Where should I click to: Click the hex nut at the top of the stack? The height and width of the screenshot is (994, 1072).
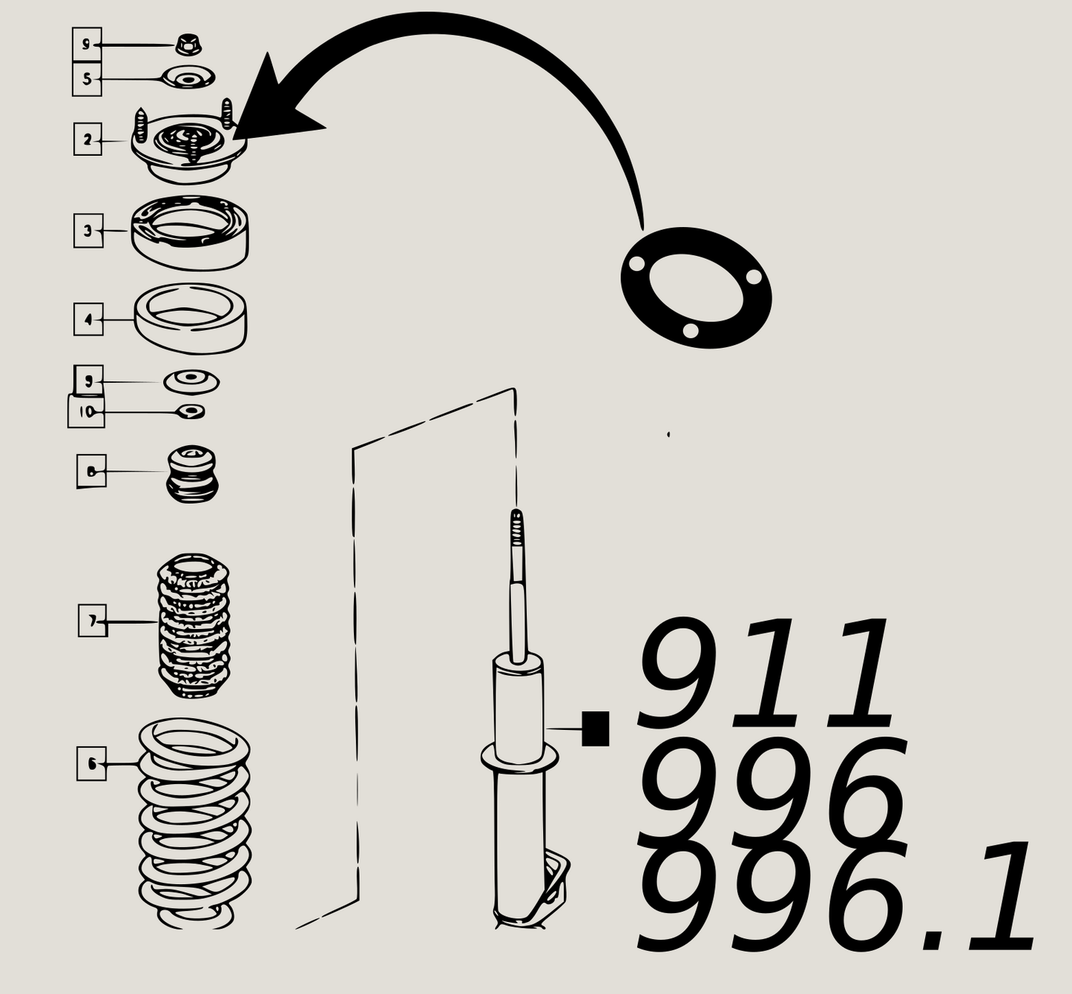pos(189,45)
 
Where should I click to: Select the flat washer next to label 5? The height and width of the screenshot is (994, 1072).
pos(188,77)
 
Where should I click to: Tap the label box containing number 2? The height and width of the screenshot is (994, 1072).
pos(88,139)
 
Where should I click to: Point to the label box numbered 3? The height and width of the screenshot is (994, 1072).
pos(88,231)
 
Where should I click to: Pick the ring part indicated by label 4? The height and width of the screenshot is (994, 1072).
pos(191,318)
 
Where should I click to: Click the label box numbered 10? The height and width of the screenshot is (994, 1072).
pos(87,412)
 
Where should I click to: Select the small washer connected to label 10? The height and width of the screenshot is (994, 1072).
pos(192,411)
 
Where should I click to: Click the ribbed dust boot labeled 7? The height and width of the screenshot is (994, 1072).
pos(194,625)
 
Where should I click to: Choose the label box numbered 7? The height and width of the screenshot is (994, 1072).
pos(93,621)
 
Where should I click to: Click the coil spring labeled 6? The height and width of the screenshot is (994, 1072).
pos(194,823)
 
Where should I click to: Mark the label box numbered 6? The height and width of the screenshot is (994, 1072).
pos(91,763)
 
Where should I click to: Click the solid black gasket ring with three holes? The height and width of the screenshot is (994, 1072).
pos(696,288)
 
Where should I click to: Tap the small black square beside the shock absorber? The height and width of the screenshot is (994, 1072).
pos(595,728)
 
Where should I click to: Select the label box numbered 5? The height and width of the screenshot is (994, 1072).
pos(87,79)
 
